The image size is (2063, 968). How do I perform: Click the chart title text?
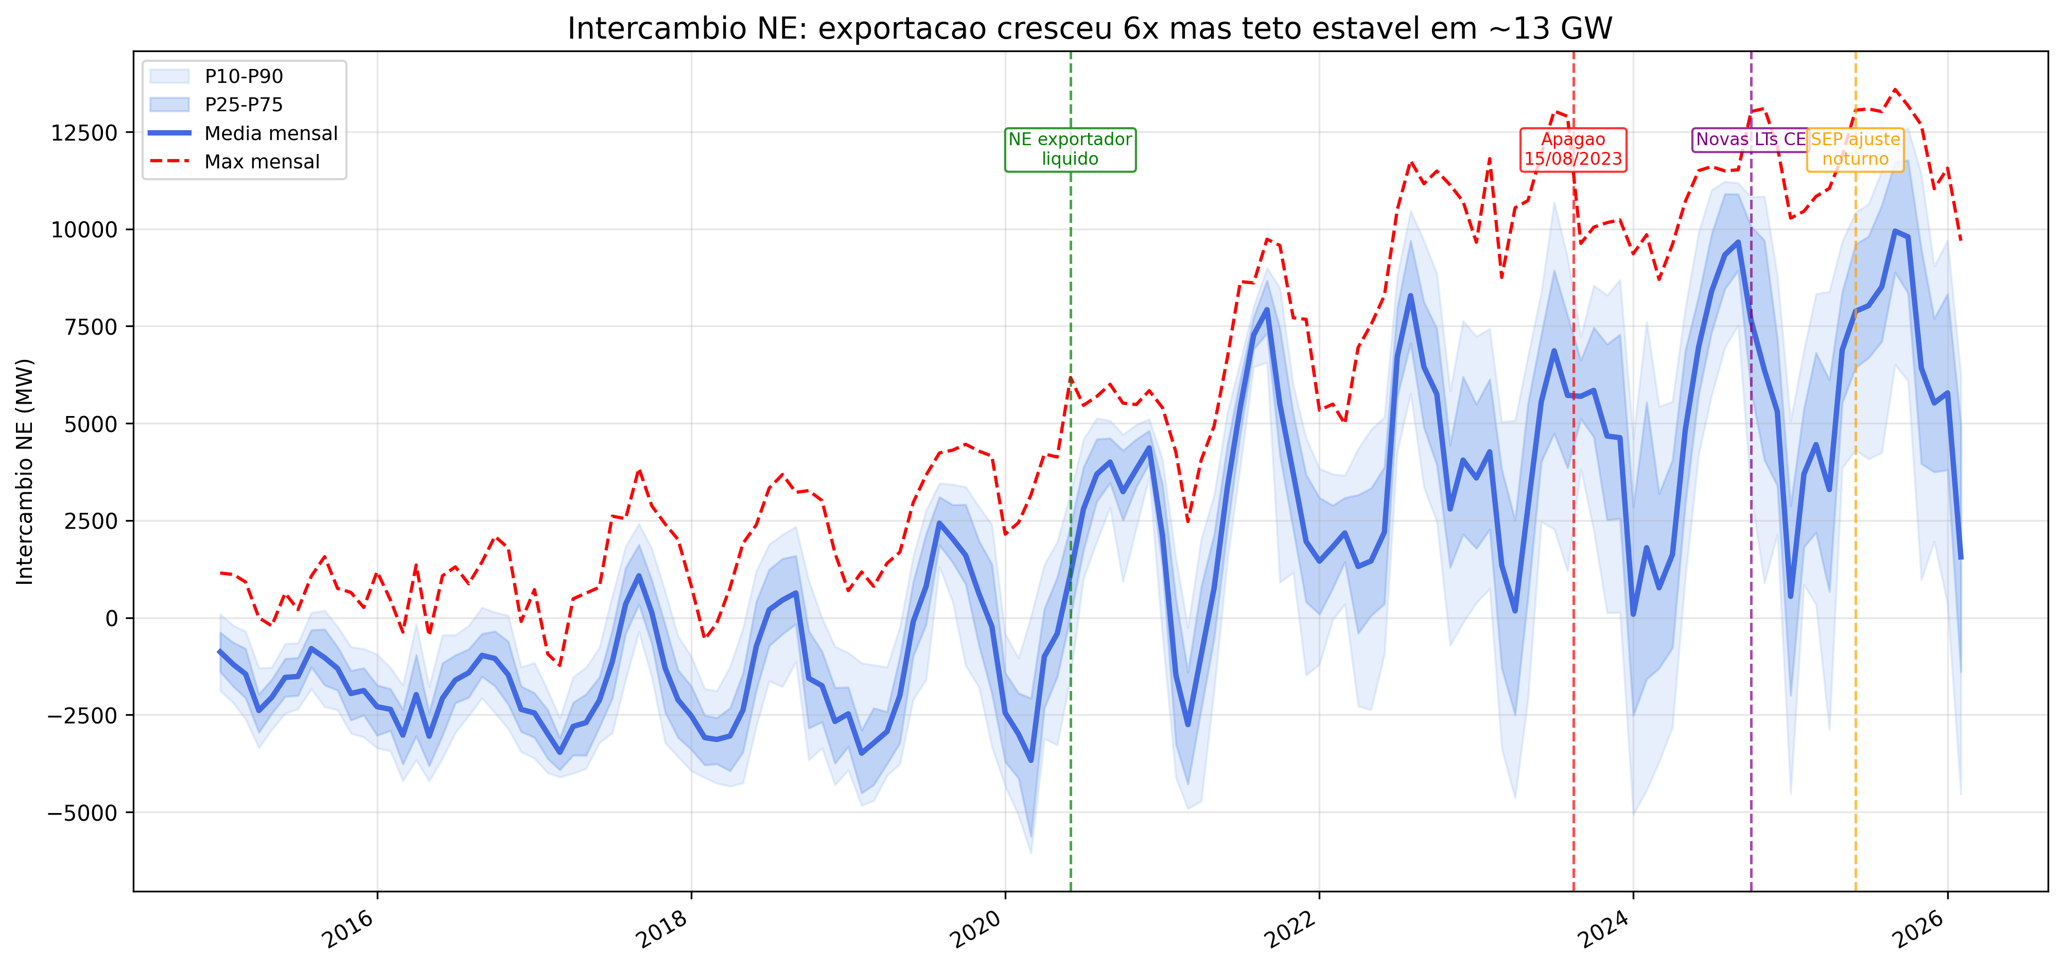1089,29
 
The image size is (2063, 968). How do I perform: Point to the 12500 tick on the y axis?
84,133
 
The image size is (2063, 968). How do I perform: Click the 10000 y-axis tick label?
84,230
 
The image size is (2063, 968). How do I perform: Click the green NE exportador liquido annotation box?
1070,149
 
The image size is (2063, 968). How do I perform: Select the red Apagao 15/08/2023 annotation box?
1573,149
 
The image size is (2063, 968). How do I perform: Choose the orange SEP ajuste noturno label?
1855,149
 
